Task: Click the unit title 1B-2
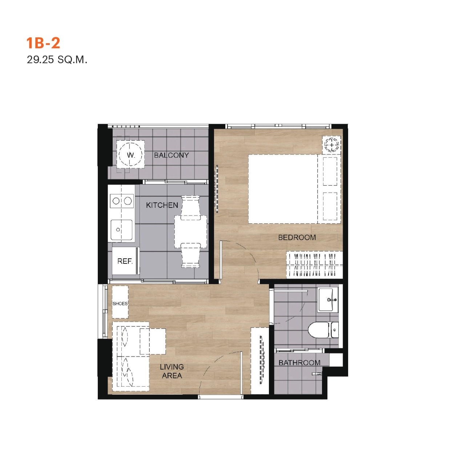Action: tap(43, 43)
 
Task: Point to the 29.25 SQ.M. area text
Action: tap(57, 60)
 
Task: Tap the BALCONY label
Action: tap(171, 155)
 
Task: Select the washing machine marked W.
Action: tap(130, 154)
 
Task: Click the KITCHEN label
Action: tap(162, 205)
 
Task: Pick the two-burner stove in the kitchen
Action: tap(122, 201)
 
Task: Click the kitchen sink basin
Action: tap(121, 230)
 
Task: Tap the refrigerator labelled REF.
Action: tap(125, 261)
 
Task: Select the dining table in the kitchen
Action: tap(190, 232)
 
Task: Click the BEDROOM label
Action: tap(297, 238)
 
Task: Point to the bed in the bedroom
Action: tap(295, 189)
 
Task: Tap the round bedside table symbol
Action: tap(332, 145)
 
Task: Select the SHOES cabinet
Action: tap(120, 302)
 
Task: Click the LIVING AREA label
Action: tap(172, 371)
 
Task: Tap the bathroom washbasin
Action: tap(328, 300)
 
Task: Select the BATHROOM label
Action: tap(299, 363)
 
